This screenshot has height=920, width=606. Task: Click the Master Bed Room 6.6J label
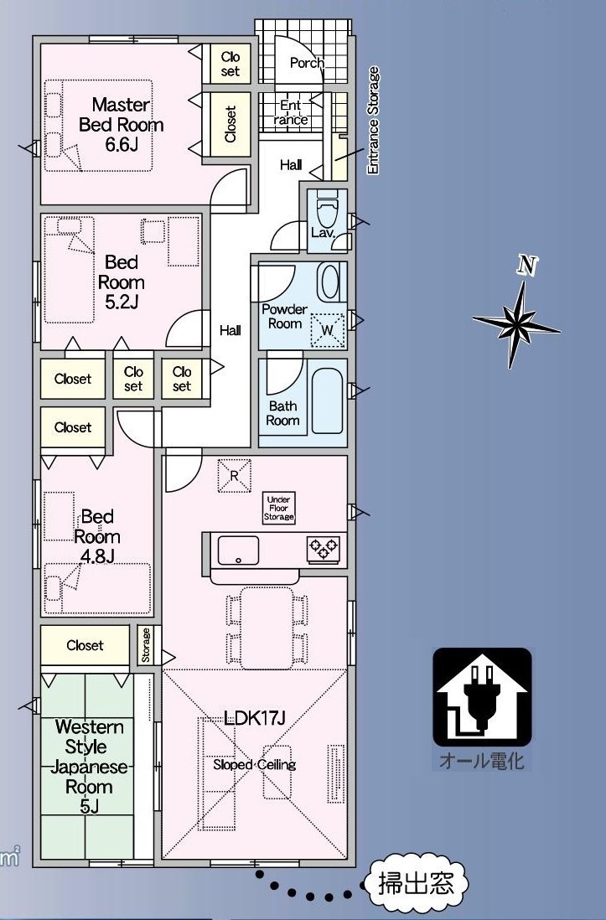121,124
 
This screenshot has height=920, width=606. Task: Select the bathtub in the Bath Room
327,401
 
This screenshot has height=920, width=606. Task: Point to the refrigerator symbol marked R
235,476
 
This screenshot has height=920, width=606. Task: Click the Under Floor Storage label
278,508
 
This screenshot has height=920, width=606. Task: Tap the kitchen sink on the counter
238,550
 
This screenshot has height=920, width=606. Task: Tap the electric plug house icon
482,696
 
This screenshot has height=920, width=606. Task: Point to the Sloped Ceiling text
254,764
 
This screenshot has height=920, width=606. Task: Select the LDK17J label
254,717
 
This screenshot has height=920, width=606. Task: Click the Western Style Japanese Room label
89,767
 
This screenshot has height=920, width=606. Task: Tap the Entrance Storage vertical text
373,121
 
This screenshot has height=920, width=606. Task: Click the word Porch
307,63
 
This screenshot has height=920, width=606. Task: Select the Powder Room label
285,316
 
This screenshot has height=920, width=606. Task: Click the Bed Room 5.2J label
121,282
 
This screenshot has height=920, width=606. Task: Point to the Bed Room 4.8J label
97,535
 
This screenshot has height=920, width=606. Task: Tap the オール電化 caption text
481,761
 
